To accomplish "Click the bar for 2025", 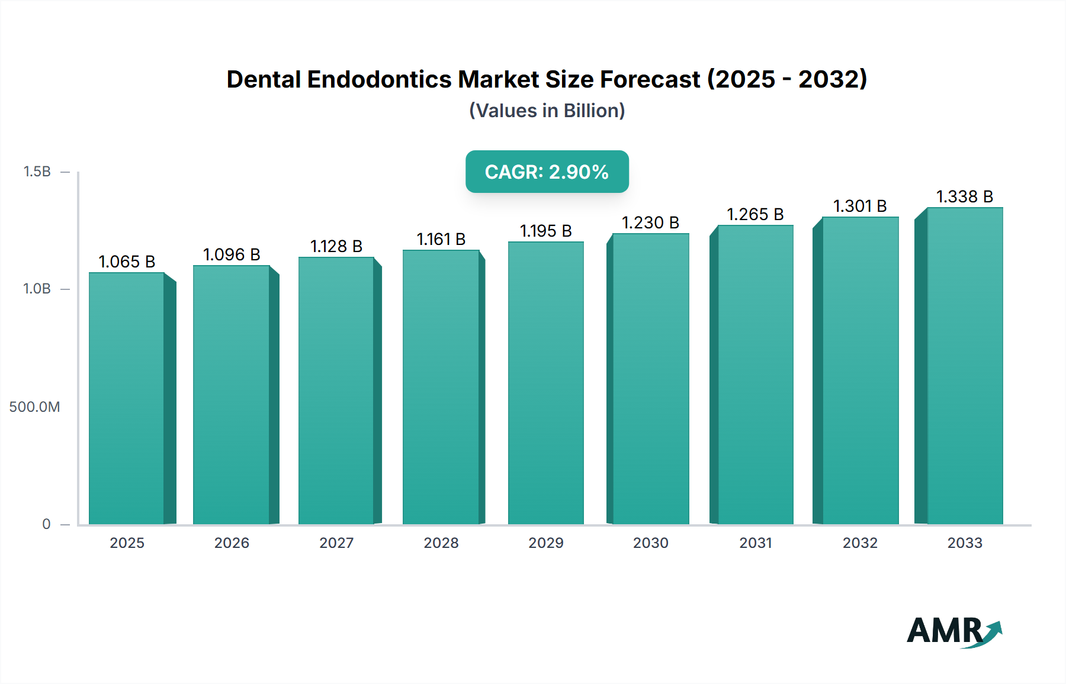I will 127,398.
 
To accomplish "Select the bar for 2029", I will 545,382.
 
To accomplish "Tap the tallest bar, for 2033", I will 964,365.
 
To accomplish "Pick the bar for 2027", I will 336,390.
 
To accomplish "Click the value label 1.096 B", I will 232,254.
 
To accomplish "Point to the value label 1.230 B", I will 650,222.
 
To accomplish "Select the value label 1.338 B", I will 964,196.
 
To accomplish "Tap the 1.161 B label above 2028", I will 441,239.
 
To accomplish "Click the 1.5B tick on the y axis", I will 37,172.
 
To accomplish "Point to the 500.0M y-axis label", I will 34,407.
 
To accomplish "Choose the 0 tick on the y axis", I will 46,524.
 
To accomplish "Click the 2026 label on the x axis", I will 232,543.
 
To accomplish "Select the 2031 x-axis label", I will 755,543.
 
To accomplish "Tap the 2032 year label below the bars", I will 860,543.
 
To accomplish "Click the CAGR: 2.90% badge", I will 547,172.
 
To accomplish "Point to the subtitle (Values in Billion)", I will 547,111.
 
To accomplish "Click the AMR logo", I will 953,631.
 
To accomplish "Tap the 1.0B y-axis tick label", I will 37,289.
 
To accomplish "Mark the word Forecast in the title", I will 650,79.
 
